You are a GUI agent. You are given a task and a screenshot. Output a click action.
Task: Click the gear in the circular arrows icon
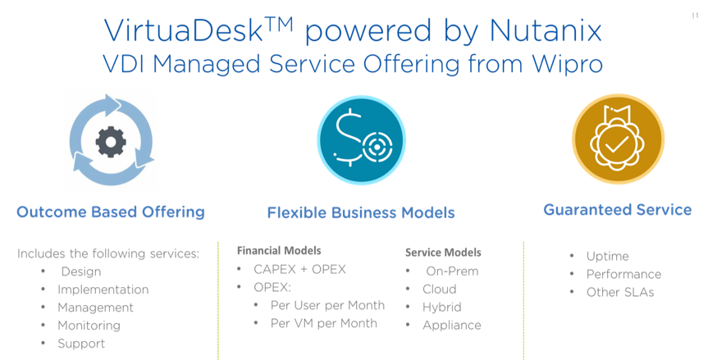point(109,142)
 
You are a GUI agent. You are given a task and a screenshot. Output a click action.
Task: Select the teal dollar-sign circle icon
point(361,136)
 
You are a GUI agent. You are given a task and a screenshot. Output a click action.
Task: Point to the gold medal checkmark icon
point(618,137)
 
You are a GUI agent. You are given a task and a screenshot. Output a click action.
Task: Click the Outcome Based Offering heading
point(110,213)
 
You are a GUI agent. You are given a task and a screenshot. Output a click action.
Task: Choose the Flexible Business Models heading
point(361,213)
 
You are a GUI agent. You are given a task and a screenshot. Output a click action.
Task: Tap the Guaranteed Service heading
point(618,211)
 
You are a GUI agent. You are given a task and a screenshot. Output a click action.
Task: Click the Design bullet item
point(80,271)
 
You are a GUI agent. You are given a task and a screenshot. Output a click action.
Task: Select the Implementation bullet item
point(103,289)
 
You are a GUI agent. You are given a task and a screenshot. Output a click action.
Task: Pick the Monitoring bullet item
point(89,326)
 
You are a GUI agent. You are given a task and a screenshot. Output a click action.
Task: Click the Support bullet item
point(81,344)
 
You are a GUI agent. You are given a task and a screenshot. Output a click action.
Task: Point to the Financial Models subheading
point(279,250)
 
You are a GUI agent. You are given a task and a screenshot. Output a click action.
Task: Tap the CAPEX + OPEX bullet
point(299,270)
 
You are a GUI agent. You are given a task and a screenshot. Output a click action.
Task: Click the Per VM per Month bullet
point(324,323)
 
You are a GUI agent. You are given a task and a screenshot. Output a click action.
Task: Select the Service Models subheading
point(443,253)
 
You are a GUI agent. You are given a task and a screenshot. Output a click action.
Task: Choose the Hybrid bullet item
point(442,308)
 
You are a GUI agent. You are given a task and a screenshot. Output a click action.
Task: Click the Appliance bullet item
point(451,326)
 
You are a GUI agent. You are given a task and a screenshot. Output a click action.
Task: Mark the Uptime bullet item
point(608,257)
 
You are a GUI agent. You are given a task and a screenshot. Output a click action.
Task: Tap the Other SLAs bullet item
point(620,293)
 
